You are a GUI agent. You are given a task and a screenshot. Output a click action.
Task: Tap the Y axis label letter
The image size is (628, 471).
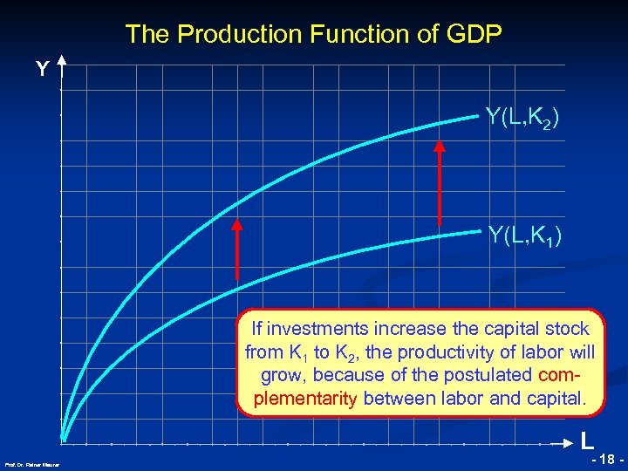(x=41, y=69)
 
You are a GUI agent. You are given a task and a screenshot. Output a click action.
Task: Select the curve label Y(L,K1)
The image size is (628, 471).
(x=524, y=235)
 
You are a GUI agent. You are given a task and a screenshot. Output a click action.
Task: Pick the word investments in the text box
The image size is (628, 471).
(x=319, y=330)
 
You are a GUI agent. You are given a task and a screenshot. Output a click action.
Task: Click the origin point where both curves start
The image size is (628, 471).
(x=65, y=438)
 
